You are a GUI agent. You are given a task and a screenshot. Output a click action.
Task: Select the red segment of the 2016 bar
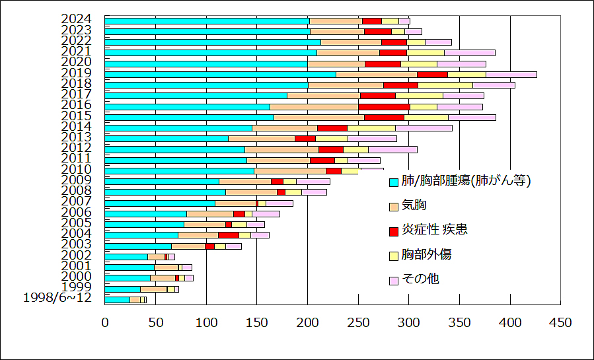[x=384, y=106]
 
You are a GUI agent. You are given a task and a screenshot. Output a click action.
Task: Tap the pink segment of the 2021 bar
[x=469, y=52]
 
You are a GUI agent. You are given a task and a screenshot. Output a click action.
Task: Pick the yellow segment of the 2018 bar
[x=445, y=85]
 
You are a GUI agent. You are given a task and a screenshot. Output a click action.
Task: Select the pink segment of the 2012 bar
[x=392, y=149]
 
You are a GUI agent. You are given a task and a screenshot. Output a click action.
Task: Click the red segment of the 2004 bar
[x=229, y=234]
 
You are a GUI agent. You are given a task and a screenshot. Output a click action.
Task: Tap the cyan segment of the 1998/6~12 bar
[x=117, y=299]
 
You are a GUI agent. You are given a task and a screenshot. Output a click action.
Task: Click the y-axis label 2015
[x=76, y=116]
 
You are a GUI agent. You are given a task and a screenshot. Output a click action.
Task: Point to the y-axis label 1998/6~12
[x=57, y=298]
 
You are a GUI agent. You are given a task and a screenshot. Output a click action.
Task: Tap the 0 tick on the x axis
[x=105, y=322]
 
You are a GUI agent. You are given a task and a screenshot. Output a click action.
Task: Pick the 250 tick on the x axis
[x=358, y=322]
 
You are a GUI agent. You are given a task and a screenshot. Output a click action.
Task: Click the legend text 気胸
[x=414, y=205]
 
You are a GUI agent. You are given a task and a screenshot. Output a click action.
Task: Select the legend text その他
[x=420, y=279]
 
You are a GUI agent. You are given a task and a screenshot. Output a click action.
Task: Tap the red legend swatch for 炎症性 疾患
[x=394, y=231]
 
